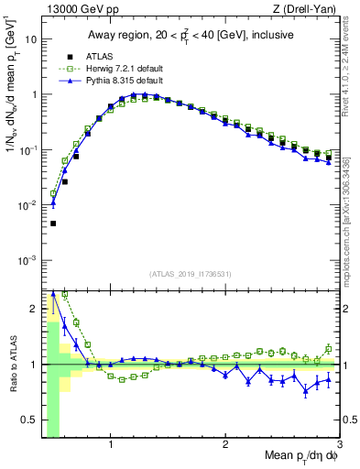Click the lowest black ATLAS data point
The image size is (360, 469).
coord(53,223)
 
